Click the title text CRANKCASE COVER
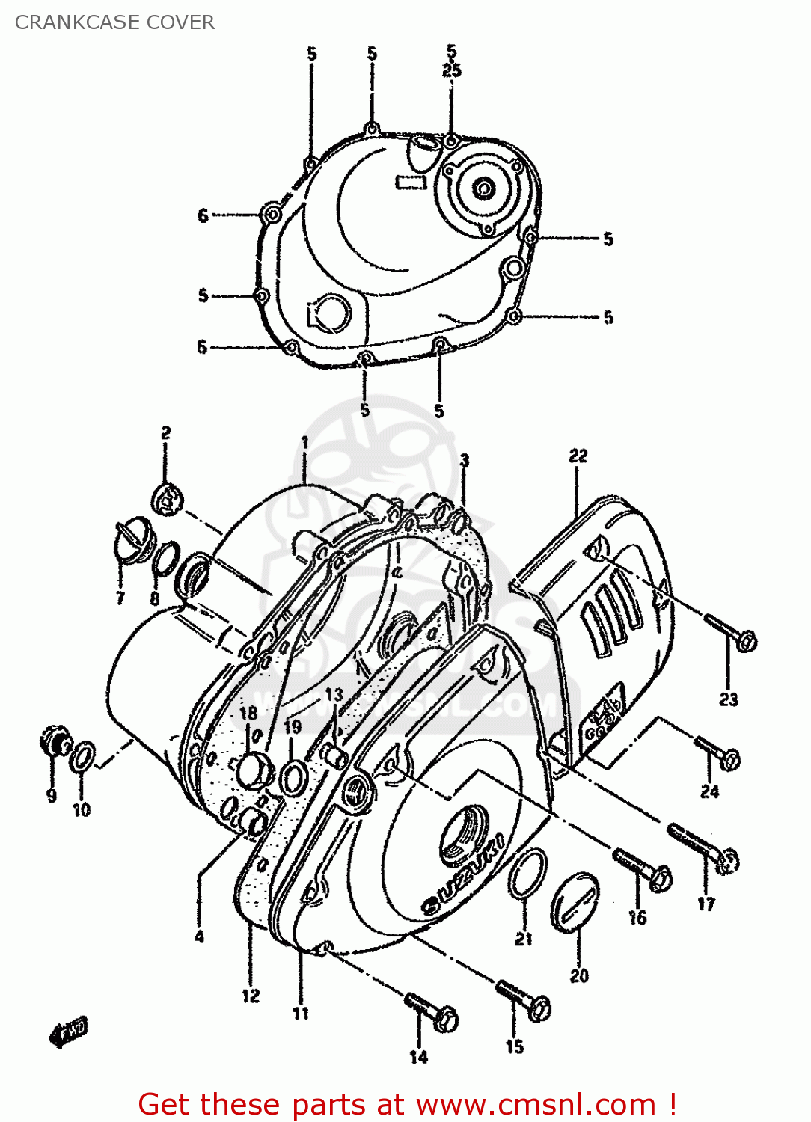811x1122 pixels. pyautogui.click(x=114, y=22)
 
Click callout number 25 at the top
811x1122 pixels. pyautogui.click(x=451, y=70)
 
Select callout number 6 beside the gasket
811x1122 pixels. pyautogui.click(x=203, y=215)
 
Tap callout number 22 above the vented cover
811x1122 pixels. pyautogui.click(x=578, y=456)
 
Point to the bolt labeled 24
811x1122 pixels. pyautogui.click(x=719, y=752)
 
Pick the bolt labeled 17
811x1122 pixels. pyautogui.click(x=704, y=847)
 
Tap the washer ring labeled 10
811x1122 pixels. pyautogui.click(x=83, y=757)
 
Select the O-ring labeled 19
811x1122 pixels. pyautogui.click(x=292, y=778)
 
